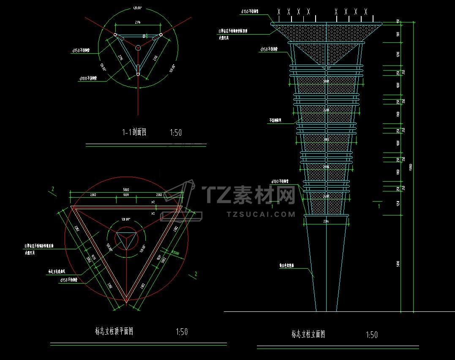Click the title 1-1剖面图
pos(134,133)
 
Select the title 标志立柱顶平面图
pos(114,331)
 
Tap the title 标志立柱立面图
pos(308,334)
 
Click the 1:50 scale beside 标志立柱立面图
pos(371,335)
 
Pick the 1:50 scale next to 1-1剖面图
pos(176,133)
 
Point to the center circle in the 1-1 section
pos(138,49)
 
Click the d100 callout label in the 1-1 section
pos(88,79)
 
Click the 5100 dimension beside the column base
pos(398,264)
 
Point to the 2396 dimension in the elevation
pos(326,221)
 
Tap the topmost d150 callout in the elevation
pos(250,12)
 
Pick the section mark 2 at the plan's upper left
pos(52,189)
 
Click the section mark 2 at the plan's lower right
pos(196,274)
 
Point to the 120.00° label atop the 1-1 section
pos(137,8)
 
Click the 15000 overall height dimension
pos(411,166)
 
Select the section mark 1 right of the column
pos(379,207)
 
